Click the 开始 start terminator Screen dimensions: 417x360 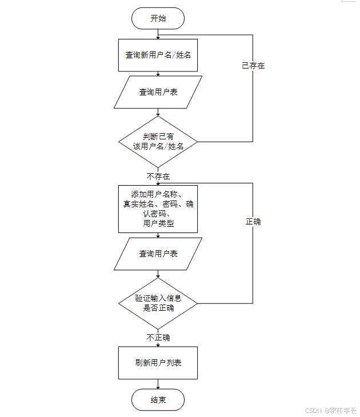tap(158, 18)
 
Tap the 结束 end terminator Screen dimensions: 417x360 tap(158, 400)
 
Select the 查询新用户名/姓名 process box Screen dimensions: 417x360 tap(158, 55)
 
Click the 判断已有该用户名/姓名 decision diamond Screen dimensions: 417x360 tap(158, 141)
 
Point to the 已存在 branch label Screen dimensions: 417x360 tap(253, 66)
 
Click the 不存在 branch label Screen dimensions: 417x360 tap(158, 177)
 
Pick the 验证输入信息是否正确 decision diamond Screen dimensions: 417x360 tap(158, 303)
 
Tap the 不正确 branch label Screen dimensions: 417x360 tap(158, 338)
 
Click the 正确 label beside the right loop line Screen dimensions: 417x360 tap(253, 222)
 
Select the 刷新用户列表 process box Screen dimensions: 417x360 tap(158, 363)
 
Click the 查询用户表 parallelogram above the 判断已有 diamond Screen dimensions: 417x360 tap(158, 92)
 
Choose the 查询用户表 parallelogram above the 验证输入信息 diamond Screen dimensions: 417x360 tap(158, 254)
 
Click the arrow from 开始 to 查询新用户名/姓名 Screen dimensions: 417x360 tap(158, 34)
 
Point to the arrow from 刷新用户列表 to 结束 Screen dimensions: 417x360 tap(158, 384)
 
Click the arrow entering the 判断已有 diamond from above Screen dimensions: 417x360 tap(158, 113)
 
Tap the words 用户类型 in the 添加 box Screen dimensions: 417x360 tap(158, 224)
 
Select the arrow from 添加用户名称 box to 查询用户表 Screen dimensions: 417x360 tap(158, 235)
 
